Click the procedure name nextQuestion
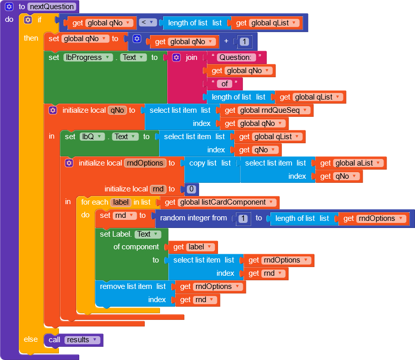[52, 7]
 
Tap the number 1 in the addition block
[245, 42]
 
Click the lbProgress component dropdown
[88, 57]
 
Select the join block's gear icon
[176, 57]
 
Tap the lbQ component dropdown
[91, 137]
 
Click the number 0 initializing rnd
[191, 189]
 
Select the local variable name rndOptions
[145, 163]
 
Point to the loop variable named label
[121, 202]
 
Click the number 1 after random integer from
[244, 218]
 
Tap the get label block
[194, 247]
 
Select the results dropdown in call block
[82, 340]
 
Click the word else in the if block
[30, 339]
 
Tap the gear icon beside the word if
[28, 20]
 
